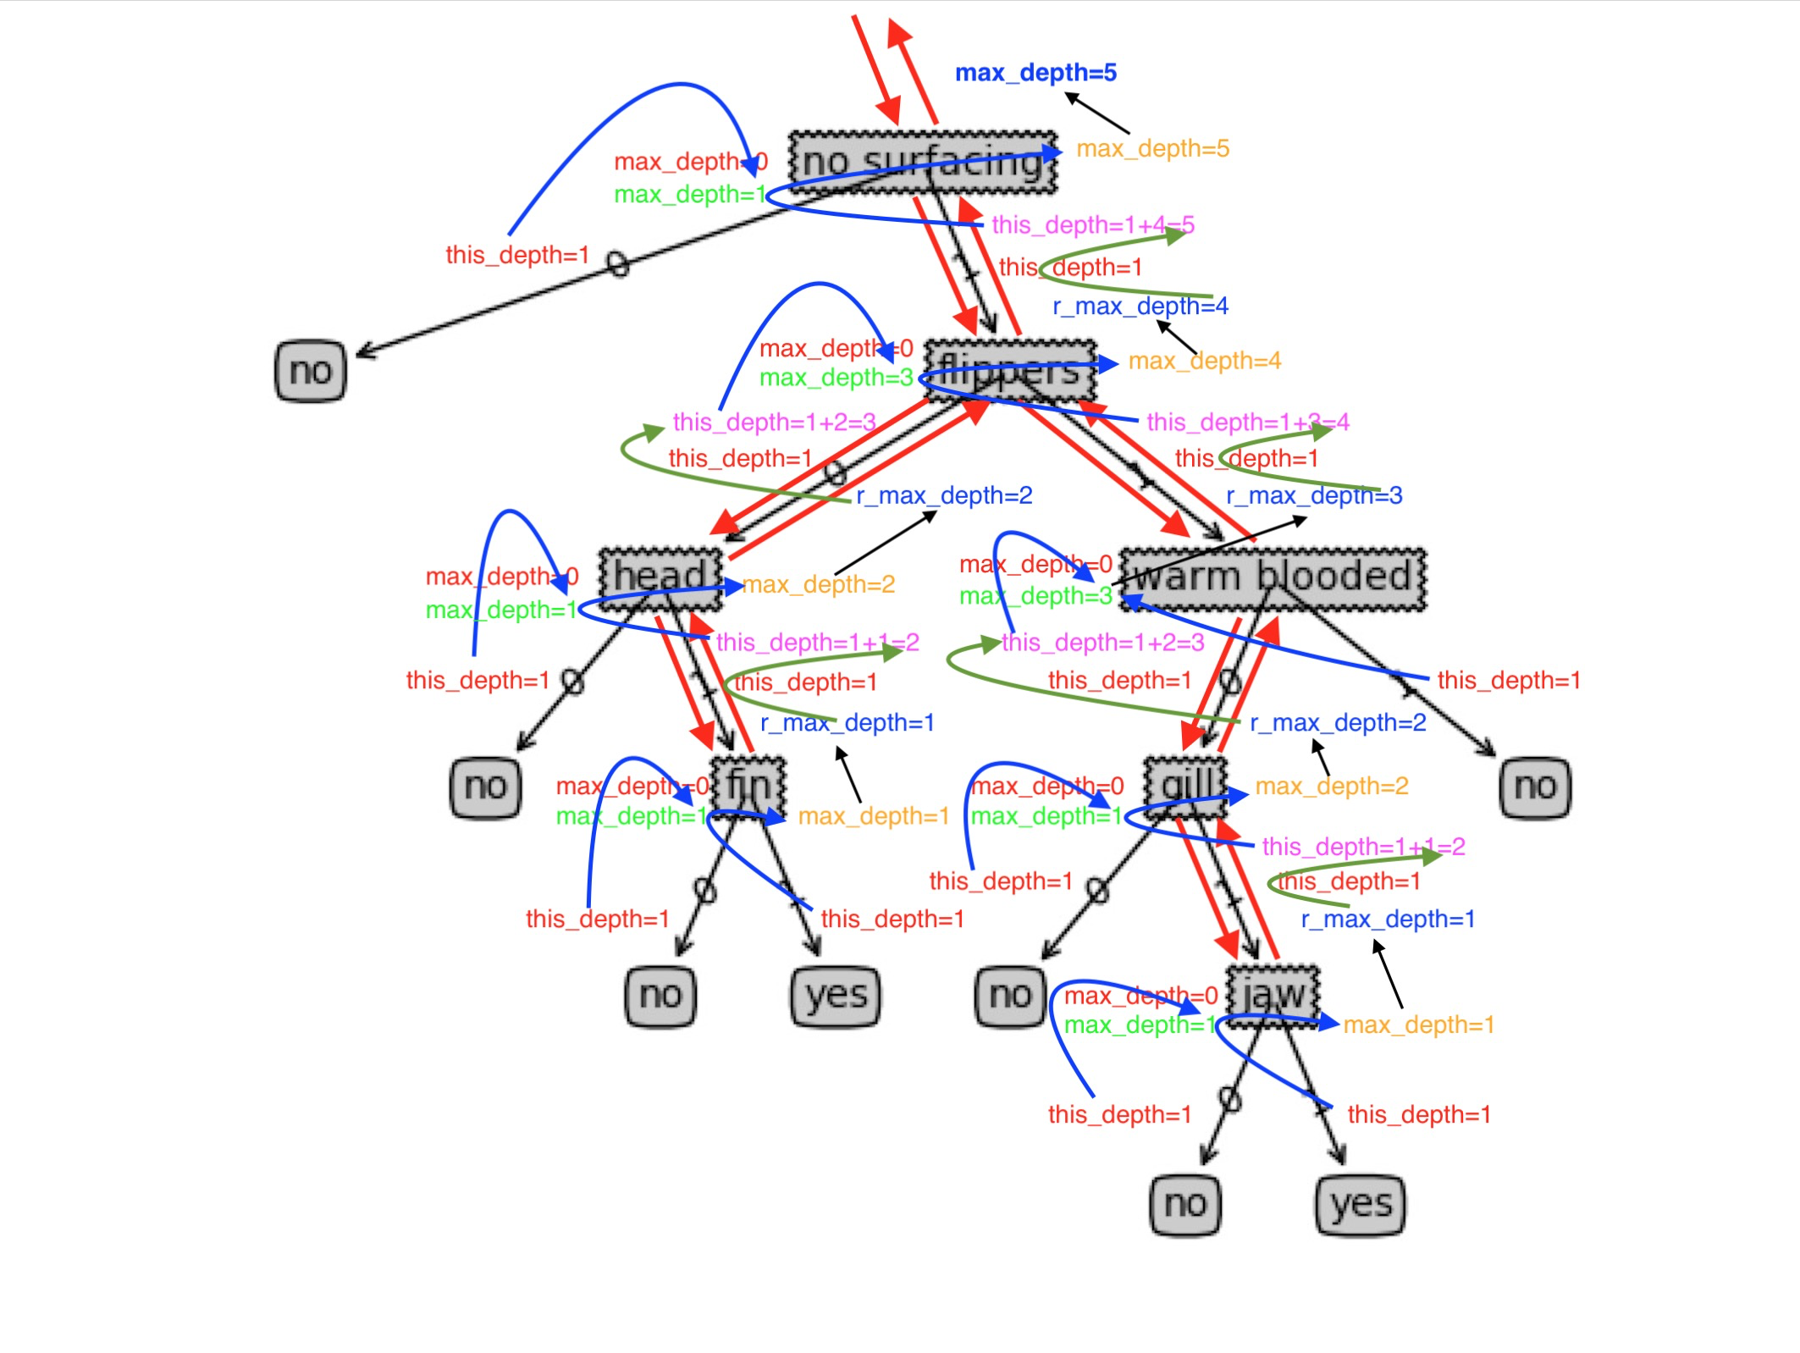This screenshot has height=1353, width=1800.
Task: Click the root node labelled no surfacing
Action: [923, 162]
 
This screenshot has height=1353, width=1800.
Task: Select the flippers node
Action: [1010, 371]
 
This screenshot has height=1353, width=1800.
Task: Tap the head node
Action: [660, 578]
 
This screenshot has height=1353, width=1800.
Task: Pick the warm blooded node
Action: [1273, 578]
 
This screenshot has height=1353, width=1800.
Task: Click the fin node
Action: [748, 787]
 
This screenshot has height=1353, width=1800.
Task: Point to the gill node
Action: [1185, 787]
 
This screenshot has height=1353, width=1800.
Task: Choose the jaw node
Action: [1273, 996]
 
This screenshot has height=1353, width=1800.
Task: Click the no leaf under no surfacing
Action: [311, 371]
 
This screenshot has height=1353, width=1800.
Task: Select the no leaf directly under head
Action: [485, 787]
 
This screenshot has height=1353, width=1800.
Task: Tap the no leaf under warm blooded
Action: [1535, 787]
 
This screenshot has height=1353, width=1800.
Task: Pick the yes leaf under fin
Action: [836, 996]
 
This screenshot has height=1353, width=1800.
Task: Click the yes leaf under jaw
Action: [1361, 1204]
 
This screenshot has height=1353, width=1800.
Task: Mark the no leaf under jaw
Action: [1185, 1204]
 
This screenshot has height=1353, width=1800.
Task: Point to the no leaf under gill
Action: [1010, 996]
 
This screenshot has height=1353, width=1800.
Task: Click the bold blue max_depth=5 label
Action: [1035, 73]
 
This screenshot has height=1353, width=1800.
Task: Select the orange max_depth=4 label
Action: [1204, 362]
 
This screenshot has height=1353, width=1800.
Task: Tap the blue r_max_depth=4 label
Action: [1140, 306]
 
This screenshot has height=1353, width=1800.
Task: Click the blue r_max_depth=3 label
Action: [1314, 495]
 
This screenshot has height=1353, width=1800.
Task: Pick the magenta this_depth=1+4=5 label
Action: [1092, 225]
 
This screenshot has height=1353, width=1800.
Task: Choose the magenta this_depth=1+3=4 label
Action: [1247, 422]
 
